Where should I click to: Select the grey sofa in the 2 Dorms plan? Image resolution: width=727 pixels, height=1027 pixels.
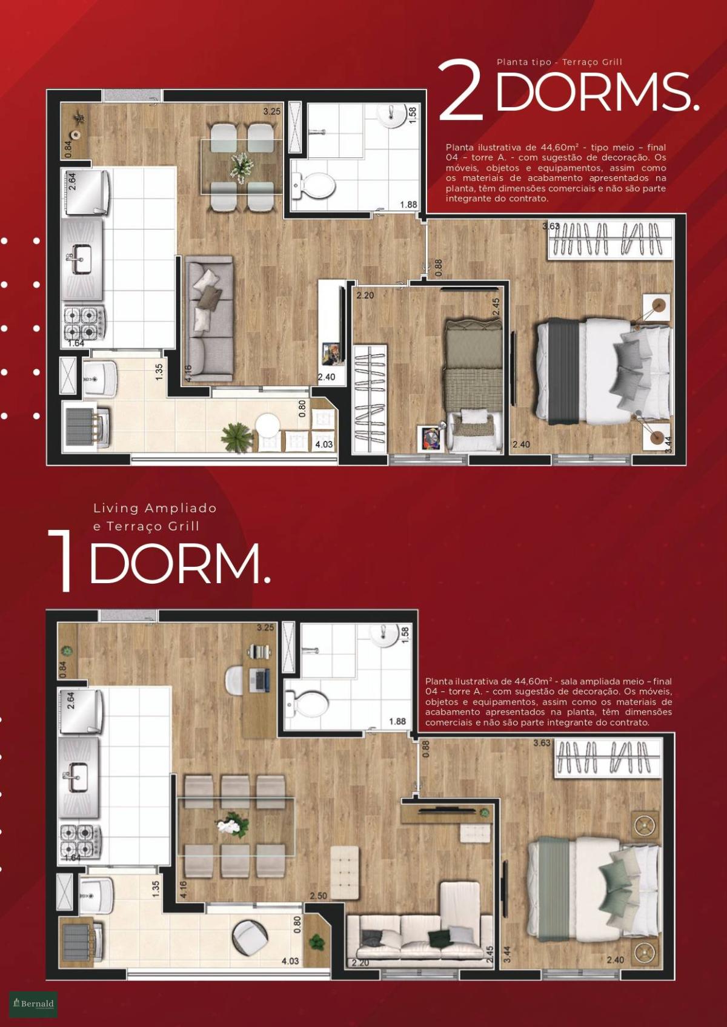pos(209,319)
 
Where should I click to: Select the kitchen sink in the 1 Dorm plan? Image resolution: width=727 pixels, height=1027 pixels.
pos(79,777)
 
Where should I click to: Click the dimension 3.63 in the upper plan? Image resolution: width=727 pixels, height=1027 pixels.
pos(551,226)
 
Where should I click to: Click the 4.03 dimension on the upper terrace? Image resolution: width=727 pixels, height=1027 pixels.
pos(324,444)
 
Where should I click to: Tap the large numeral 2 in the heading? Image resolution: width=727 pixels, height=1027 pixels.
pos(462,90)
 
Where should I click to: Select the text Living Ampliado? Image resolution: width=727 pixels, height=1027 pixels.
pos(155,509)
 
